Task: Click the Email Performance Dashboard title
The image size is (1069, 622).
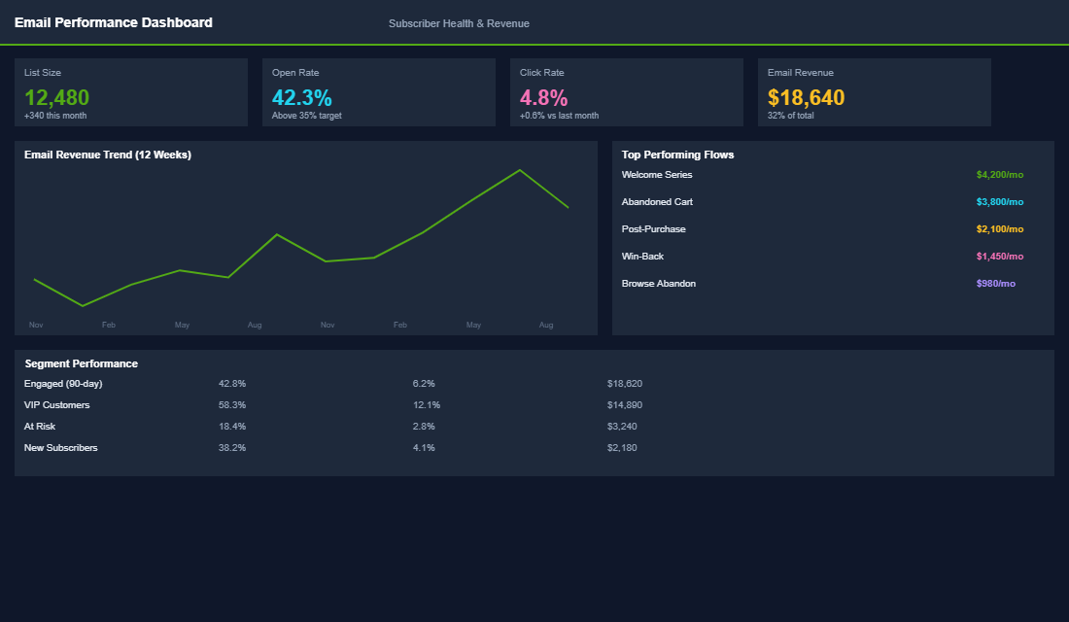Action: click(x=113, y=22)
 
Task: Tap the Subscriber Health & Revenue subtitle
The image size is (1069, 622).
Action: click(x=459, y=23)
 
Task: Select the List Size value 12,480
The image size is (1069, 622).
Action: click(x=56, y=97)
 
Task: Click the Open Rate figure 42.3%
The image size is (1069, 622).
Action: click(x=301, y=97)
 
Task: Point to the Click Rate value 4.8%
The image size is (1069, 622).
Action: click(x=543, y=97)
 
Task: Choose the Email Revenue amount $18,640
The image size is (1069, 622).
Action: click(x=806, y=97)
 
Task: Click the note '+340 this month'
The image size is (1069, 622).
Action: click(x=55, y=116)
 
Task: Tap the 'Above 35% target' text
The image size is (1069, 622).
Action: click(x=306, y=116)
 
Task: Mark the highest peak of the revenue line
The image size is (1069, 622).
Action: click(x=520, y=170)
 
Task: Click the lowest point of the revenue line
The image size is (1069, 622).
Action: click(x=83, y=306)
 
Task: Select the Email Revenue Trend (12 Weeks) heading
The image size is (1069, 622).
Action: click(x=107, y=155)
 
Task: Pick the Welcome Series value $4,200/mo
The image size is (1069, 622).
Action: click(x=999, y=175)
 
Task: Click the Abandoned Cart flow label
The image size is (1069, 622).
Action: click(x=657, y=202)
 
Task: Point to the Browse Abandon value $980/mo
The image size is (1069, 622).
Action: click(x=995, y=284)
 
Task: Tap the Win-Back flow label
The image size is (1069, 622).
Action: click(x=642, y=257)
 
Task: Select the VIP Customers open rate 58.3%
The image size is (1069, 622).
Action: click(x=232, y=405)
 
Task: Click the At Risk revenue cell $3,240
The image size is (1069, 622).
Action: click(x=622, y=427)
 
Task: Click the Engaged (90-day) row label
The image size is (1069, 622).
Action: click(x=63, y=384)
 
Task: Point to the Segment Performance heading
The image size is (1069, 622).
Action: click(x=81, y=363)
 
